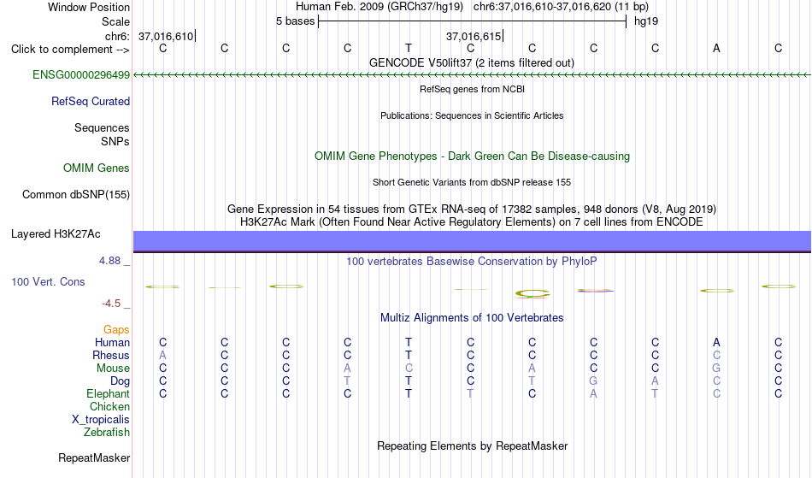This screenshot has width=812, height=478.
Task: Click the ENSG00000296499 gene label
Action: coord(81,75)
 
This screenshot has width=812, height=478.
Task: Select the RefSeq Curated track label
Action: coord(91,102)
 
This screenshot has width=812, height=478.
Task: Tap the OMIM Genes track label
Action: coord(97,168)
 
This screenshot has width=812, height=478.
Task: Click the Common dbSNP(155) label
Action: coord(76,195)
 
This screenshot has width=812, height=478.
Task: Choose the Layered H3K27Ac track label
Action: coord(56,234)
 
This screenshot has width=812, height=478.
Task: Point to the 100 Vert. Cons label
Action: coord(48,281)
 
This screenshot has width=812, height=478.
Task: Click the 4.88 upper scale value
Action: coord(110,261)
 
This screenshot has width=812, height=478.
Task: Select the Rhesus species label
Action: coord(111,355)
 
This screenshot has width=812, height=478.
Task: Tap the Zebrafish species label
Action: coord(107,433)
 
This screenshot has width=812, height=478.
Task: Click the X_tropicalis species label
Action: coord(101,420)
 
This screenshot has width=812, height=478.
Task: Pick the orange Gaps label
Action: coord(116,330)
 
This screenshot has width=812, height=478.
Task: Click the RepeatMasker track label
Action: coord(94,457)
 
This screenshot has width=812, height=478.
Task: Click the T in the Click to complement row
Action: coord(409,49)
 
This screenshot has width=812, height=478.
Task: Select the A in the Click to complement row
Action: coord(717,49)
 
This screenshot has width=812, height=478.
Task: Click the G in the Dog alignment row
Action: coord(593,381)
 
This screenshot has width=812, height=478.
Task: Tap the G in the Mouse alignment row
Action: coord(717,369)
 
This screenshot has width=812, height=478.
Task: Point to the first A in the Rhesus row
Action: coord(162,355)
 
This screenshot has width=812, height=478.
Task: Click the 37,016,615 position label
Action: coord(474,36)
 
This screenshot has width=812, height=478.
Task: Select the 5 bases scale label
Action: coord(295,21)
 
